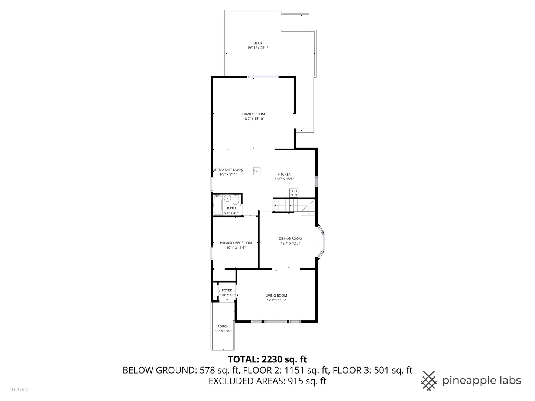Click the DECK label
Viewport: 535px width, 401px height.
click(257, 43)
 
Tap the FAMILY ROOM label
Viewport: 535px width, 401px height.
click(253, 114)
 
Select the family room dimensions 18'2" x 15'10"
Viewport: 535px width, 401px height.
click(253, 119)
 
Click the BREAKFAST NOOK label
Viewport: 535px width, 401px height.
click(228, 170)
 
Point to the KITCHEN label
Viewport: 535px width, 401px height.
click(284, 174)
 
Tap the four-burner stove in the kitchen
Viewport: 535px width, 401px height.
click(294, 193)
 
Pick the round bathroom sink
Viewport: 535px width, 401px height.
click(228, 198)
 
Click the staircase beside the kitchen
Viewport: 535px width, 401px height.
click(294, 206)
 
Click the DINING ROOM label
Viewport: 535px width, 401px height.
click(290, 239)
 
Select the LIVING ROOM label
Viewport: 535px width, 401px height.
click(276, 296)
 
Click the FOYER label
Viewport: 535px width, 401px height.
click(227, 290)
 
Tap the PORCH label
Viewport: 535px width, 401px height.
click(223, 326)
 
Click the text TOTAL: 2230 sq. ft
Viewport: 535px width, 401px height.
click(267, 359)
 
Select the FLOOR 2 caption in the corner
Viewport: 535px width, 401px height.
click(19, 389)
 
